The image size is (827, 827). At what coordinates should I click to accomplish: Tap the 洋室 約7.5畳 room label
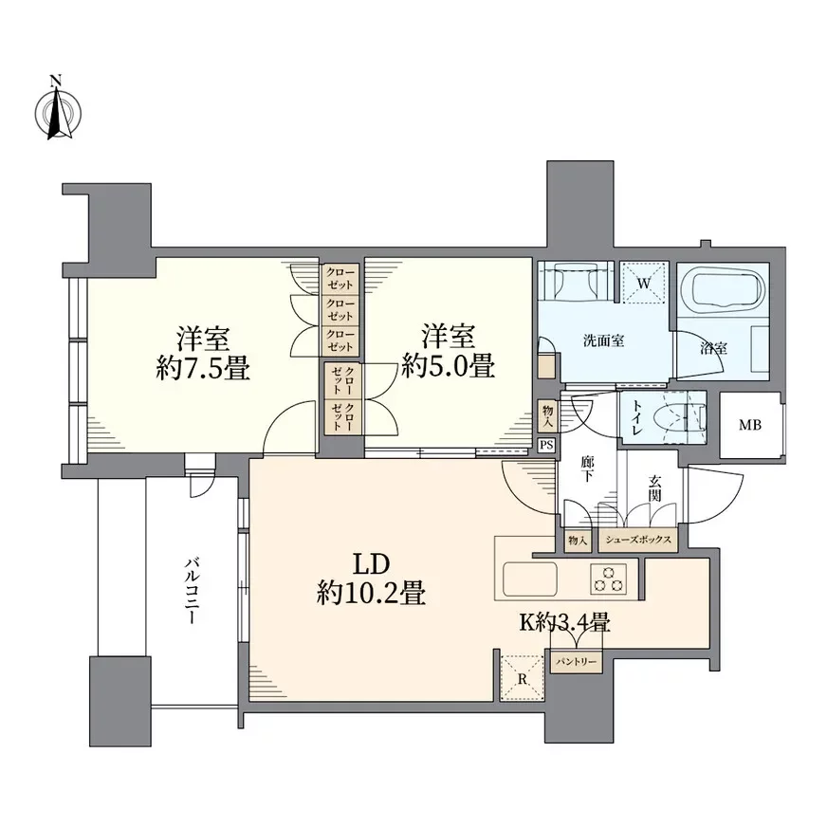pos(202,353)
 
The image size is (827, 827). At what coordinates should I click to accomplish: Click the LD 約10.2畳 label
pos(369,578)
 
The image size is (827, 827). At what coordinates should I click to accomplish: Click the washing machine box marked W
pos(643,283)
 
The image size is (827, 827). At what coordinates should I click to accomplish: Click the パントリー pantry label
pos(575,661)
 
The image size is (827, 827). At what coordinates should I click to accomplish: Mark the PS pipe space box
pos(545,445)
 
